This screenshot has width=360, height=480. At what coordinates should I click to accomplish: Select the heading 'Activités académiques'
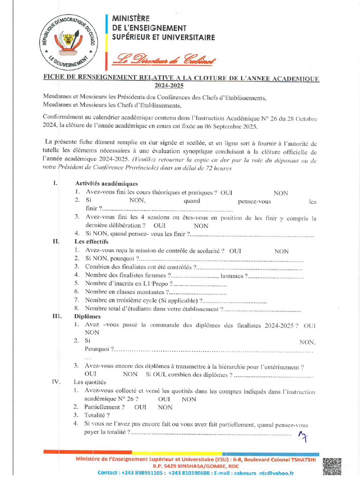tap(106, 184)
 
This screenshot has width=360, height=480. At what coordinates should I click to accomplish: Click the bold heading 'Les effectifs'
tap(91, 242)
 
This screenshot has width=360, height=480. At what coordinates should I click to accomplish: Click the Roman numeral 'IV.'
tap(56, 382)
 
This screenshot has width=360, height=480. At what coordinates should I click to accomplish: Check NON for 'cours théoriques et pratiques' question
tap(281, 193)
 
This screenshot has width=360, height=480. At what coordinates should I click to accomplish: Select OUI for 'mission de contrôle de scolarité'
tap(235, 251)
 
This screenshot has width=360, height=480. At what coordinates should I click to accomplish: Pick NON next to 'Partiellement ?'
tap(165, 407)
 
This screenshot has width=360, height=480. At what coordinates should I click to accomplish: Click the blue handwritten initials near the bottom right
tap(303, 437)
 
